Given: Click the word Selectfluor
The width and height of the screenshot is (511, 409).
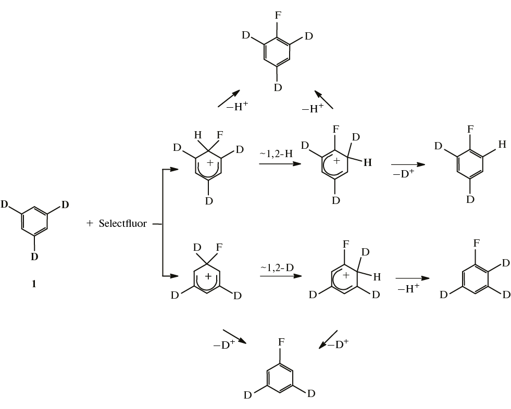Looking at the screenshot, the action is (123, 223).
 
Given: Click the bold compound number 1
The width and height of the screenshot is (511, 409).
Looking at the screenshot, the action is (33, 284).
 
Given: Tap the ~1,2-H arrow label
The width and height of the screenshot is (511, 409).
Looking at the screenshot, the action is (276, 154).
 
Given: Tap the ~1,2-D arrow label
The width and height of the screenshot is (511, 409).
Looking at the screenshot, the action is (277, 267).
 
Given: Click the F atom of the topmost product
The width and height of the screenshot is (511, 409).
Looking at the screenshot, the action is (278, 15).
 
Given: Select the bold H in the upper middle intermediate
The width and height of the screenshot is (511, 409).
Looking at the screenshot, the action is (368, 162).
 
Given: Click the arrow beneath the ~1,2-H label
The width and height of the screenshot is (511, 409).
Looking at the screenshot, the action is (280, 163).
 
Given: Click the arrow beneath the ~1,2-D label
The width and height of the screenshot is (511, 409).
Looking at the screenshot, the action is (281, 276).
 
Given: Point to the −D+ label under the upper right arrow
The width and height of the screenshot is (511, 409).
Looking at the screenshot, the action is (404, 173).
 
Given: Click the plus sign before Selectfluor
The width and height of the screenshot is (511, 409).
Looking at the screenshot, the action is (90, 223).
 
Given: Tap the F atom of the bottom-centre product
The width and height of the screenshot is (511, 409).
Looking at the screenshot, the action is (281, 342).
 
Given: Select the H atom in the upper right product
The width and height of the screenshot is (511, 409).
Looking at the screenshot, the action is (502, 144).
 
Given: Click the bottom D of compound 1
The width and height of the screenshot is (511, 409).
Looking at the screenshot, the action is (34, 257).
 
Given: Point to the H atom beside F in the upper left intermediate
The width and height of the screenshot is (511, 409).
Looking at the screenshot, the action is (198, 134).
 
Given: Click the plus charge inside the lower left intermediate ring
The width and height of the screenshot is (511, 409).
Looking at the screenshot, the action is (208, 276).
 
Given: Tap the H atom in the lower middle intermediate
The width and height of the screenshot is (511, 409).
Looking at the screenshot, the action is (377, 277).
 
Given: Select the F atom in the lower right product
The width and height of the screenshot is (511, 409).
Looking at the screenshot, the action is (477, 243).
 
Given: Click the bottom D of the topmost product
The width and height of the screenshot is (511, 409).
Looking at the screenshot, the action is (278, 87).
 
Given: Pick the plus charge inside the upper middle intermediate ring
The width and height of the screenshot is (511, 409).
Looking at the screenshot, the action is (336, 161).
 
